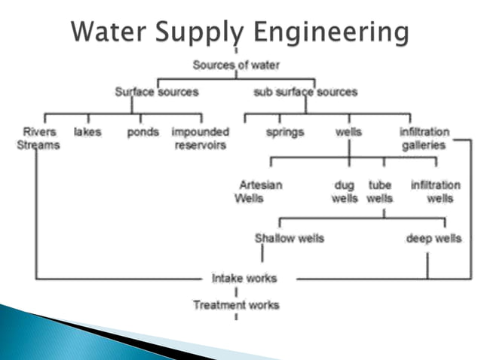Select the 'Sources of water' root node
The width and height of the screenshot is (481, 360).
235,65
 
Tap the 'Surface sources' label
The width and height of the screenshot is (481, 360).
157,92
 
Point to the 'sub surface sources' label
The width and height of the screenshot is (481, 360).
305,92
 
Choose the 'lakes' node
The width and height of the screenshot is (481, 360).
87,132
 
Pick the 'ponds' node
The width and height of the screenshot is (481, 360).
143,132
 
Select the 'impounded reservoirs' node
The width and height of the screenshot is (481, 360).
200,139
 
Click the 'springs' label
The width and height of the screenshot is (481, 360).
285,132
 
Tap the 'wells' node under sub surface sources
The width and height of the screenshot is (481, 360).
348,132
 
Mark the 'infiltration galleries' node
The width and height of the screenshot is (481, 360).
424,139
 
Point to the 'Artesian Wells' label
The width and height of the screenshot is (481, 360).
257,191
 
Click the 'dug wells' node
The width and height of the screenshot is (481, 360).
345,191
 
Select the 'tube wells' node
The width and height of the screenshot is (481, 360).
379,191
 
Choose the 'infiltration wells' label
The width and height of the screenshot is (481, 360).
436,191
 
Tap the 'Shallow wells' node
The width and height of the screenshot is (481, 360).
290,238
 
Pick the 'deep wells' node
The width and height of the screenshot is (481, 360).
434,238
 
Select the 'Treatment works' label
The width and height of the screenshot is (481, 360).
236,305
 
